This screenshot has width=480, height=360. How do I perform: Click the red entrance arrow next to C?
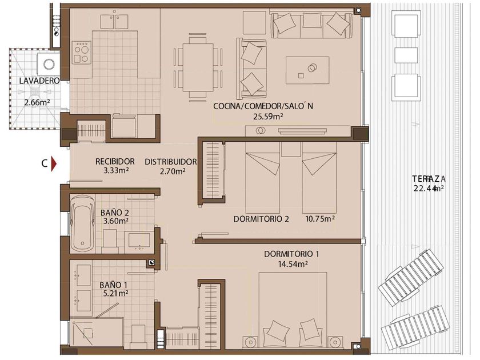click(x=54, y=164)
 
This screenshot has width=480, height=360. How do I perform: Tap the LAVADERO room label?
click(x=39, y=81)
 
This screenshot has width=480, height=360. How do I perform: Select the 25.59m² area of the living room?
click(x=268, y=117)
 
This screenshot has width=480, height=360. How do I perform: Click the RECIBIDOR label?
click(x=115, y=161)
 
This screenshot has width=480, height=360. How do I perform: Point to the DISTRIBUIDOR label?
click(x=171, y=162)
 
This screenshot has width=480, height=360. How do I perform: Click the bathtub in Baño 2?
click(x=82, y=223)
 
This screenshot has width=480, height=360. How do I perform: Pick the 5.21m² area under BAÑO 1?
click(x=115, y=293)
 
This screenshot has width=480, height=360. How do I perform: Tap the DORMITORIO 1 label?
click(x=291, y=254)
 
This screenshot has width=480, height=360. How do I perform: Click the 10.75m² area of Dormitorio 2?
click(x=319, y=219)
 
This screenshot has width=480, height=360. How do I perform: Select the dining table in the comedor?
click(x=198, y=67)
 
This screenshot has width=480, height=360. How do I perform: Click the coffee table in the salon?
click(x=307, y=70)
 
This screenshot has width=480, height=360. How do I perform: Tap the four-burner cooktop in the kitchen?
click(x=82, y=53)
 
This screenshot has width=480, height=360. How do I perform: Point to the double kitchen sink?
click(x=114, y=20)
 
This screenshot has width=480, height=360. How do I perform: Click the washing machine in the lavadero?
click(x=49, y=64)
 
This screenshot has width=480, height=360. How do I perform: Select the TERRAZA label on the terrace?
click(x=429, y=178)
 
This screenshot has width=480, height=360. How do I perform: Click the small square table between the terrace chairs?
click(x=406, y=55)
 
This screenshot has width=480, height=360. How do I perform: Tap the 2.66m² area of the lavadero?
click(x=37, y=102)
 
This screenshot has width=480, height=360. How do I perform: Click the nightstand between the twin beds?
click(x=291, y=149)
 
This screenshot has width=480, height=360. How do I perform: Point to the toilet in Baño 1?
click(x=138, y=336)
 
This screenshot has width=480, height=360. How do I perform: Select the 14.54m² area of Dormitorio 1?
click(x=293, y=264)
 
